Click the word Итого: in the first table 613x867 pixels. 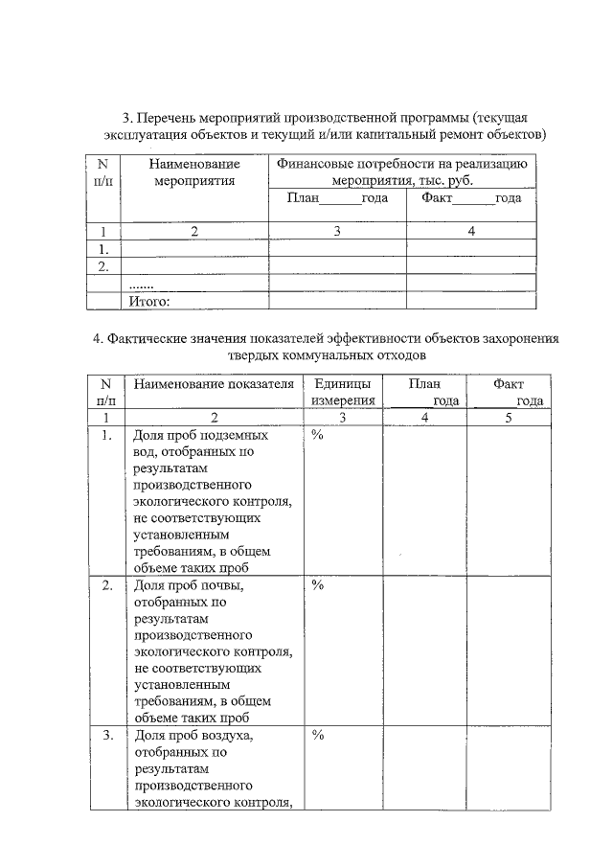148,302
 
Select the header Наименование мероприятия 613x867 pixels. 194,172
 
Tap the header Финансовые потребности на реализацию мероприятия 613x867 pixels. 402,172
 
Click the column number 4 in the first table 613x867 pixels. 471,232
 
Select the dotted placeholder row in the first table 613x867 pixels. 141,285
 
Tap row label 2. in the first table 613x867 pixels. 103,266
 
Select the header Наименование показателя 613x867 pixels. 214,384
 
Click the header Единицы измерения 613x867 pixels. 343,392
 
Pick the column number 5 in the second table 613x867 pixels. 509,418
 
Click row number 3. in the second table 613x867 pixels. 106,736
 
